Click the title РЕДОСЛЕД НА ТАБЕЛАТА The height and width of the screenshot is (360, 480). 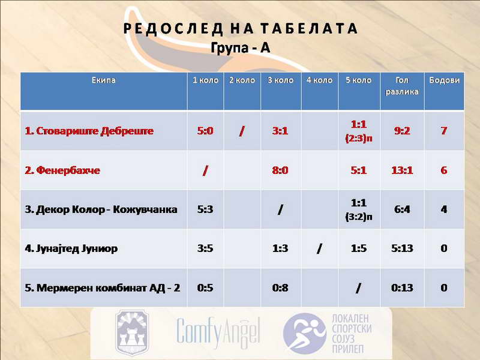tap(241, 28)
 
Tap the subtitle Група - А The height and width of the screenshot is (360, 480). tap(241, 48)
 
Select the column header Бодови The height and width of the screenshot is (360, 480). tap(444, 80)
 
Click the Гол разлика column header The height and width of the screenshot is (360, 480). tap(402, 86)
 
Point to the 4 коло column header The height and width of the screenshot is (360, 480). tap(320, 80)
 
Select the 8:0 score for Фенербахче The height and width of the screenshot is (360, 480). tap(280, 170)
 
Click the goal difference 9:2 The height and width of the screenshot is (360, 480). tap(402, 131)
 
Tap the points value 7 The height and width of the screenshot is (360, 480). tap(444, 131)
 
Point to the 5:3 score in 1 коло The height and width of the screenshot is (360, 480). tap(205, 209)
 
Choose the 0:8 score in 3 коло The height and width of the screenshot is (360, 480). tap(280, 288)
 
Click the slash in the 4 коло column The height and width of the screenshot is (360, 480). tap(319, 248)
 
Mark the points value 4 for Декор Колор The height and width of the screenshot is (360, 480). tap(444, 209)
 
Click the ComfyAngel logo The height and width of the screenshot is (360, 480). tap(218, 333)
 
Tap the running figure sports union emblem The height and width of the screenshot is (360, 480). tap(304, 333)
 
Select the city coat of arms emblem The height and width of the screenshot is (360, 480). tap(132, 332)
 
